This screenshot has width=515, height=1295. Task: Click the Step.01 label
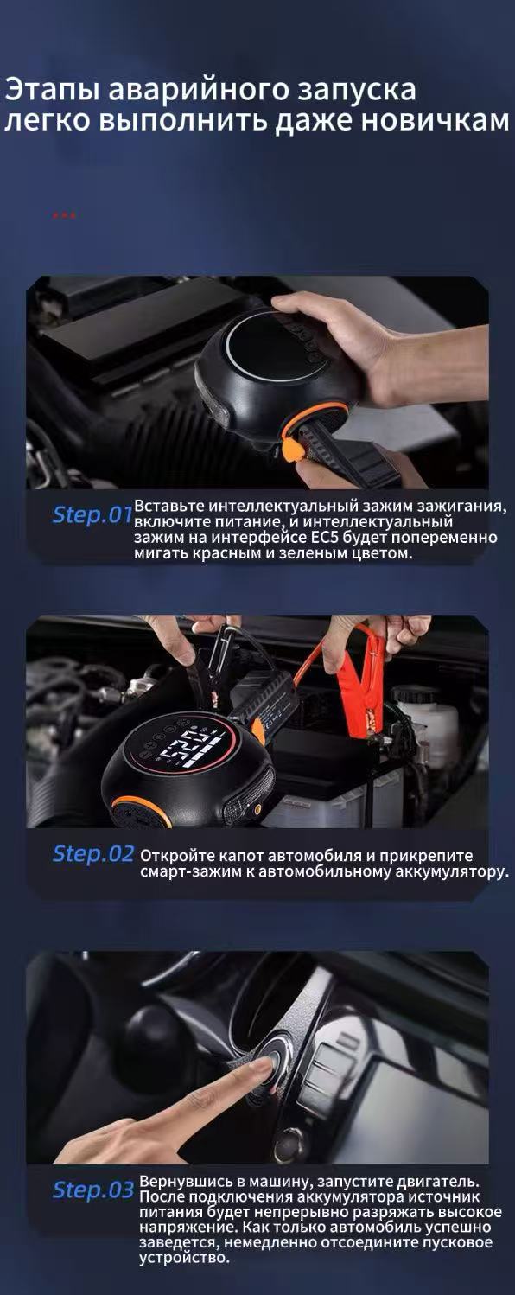pos(92,514)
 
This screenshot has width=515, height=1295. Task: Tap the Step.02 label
pos(92,854)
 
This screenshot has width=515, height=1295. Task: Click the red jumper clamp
pos(362,698)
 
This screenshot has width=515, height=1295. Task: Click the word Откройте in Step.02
pos(172,855)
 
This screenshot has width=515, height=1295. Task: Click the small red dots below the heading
pos(64,215)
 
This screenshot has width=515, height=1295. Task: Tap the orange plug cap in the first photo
pos(288,449)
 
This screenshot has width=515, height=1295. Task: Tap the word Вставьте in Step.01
pos(168,506)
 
